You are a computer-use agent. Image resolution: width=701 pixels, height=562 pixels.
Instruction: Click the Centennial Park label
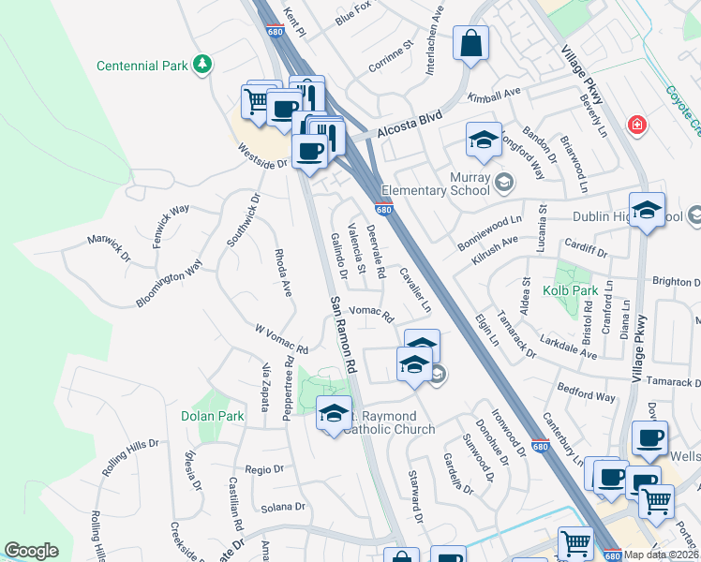point(142,66)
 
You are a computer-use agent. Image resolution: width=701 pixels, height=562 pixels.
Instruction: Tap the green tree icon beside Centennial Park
point(201,64)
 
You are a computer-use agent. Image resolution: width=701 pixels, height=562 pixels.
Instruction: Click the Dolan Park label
point(212,415)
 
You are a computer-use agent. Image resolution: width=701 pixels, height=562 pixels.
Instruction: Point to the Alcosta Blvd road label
point(409,133)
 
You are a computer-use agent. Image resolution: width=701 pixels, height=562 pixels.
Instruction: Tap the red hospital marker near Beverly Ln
point(637,125)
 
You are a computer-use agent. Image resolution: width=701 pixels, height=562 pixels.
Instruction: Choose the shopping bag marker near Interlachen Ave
point(470,43)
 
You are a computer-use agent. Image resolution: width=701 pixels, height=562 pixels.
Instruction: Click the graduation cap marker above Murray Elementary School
point(484,140)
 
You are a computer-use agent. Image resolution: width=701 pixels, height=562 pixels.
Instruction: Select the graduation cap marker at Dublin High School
point(647,211)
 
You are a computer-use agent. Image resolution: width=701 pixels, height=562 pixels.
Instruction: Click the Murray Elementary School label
point(442,184)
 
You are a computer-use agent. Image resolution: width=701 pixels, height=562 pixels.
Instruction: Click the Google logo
point(31,551)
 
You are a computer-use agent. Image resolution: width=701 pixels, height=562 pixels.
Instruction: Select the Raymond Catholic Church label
point(389,422)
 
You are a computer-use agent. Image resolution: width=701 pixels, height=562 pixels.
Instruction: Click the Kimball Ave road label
point(494,96)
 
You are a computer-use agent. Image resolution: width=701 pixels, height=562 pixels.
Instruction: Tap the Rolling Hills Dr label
point(130,456)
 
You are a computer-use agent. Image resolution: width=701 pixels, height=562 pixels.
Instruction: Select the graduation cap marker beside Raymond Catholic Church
point(335,414)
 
